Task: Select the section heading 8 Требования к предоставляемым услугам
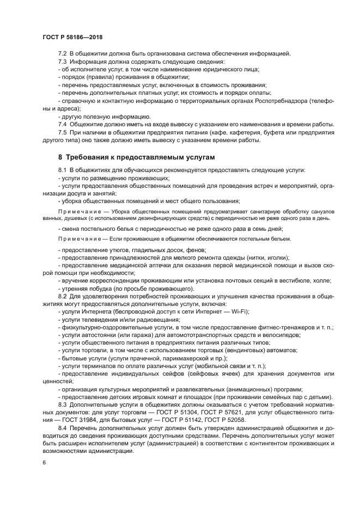click(x=133, y=157)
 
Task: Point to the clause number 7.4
click(x=62, y=125)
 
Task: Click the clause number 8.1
click(x=62, y=170)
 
